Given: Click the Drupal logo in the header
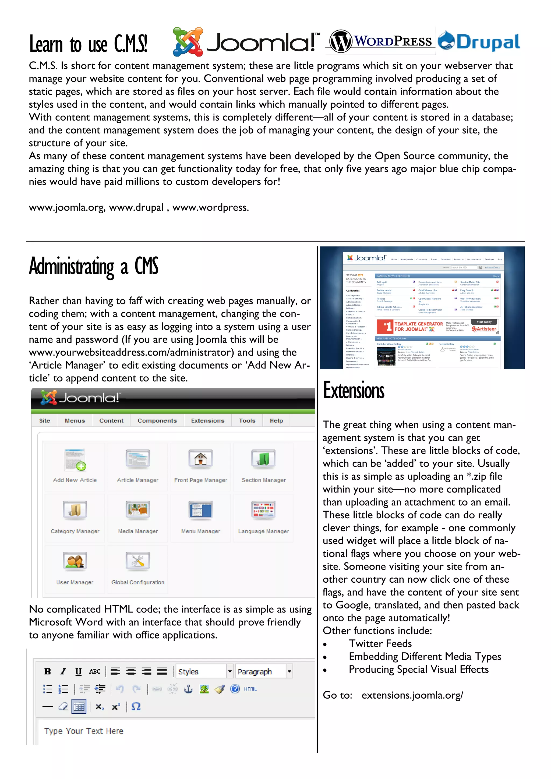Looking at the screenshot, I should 479,41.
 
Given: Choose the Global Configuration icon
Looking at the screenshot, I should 137,561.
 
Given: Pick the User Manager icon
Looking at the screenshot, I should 75,561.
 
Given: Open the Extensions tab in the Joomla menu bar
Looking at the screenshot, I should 208,421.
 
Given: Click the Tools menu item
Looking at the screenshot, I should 247,421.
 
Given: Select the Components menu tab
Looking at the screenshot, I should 157,421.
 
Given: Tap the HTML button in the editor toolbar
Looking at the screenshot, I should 250,689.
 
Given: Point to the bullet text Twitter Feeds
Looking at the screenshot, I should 380,644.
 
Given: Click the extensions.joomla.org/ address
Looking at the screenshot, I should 412,695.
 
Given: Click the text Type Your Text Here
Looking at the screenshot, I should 84,731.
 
